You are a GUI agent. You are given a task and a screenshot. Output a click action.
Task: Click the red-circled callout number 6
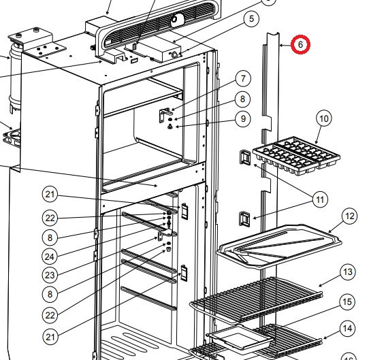300,44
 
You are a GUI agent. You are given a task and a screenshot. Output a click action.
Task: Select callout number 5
251,18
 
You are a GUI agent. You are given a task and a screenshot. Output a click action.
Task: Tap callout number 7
243,79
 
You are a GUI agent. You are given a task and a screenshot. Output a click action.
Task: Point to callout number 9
243,118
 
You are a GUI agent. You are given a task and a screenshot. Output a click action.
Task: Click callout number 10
324,118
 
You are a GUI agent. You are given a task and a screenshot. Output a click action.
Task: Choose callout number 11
320,199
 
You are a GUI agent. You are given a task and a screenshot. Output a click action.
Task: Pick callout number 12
349,216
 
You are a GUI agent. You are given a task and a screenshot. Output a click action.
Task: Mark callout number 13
348,272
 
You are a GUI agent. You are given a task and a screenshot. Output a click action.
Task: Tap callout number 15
347,301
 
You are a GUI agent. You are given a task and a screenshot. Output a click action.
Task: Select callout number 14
347,329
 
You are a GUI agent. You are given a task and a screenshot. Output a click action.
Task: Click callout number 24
50,257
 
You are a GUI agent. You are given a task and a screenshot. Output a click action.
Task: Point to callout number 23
50,275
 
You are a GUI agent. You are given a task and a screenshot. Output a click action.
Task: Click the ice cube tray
296,157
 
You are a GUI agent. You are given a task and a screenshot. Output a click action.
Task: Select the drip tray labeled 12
279,246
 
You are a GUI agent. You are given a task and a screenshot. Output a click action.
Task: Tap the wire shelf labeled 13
256,299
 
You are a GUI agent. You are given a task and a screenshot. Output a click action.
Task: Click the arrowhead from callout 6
281,46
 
